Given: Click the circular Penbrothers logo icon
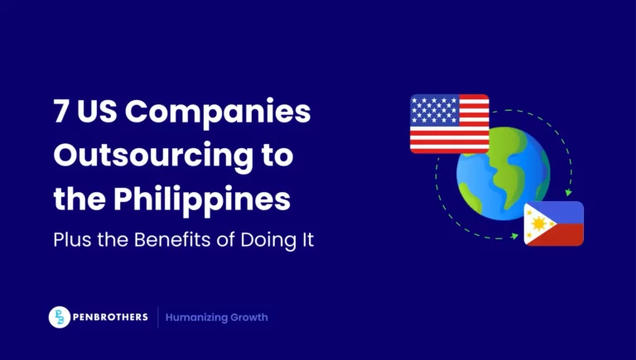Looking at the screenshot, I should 60,317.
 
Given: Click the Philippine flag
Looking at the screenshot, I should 553,223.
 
